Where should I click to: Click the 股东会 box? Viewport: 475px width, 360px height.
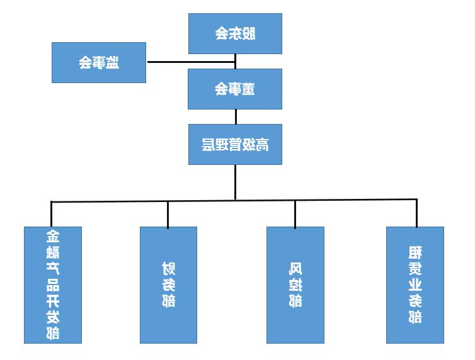click(x=235, y=33)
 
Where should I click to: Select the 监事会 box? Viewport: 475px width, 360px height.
click(x=98, y=62)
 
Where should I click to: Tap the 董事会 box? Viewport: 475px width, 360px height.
click(x=235, y=89)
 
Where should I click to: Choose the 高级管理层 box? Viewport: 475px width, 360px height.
click(x=235, y=144)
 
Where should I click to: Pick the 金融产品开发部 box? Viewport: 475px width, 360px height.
click(x=53, y=284)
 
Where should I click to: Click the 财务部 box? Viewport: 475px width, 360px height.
click(x=168, y=284)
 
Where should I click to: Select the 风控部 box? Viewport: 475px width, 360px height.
click(x=295, y=284)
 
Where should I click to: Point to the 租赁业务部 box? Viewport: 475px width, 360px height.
click(x=415, y=284)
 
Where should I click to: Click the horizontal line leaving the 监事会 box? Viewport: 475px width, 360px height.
click(x=189, y=62)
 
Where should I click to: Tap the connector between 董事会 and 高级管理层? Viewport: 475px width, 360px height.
click(x=236, y=116)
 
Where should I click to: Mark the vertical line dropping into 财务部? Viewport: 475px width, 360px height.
click(x=168, y=214)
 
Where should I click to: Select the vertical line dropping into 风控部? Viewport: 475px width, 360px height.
click(x=295, y=214)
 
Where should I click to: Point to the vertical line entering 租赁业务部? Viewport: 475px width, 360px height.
click(x=416, y=213)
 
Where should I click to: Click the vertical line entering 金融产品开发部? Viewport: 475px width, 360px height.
click(x=52, y=214)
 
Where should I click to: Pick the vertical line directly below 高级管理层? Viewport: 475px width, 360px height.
click(x=236, y=182)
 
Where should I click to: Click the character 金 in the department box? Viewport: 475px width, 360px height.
click(x=53, y=237)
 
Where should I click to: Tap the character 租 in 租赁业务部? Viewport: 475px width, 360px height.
click(x=415, y=254)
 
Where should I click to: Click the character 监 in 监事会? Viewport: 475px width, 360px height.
click(x=113, y=62)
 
